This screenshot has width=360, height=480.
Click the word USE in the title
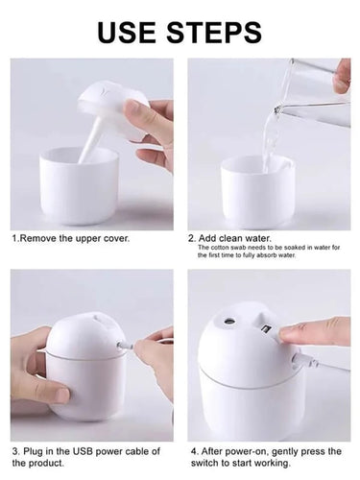pos(128,32)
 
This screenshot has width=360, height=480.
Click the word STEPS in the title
pos(214,32)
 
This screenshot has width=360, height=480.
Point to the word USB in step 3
pos(83,451)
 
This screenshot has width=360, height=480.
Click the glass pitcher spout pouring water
pos(278,108)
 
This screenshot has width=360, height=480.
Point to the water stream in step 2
pos(269,141)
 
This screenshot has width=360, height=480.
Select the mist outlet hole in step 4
pos(228,321)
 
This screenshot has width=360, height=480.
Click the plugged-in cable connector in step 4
pos(305,361)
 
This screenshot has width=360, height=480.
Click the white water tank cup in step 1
pos(79,185)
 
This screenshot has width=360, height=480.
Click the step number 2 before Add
pos(192,238)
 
